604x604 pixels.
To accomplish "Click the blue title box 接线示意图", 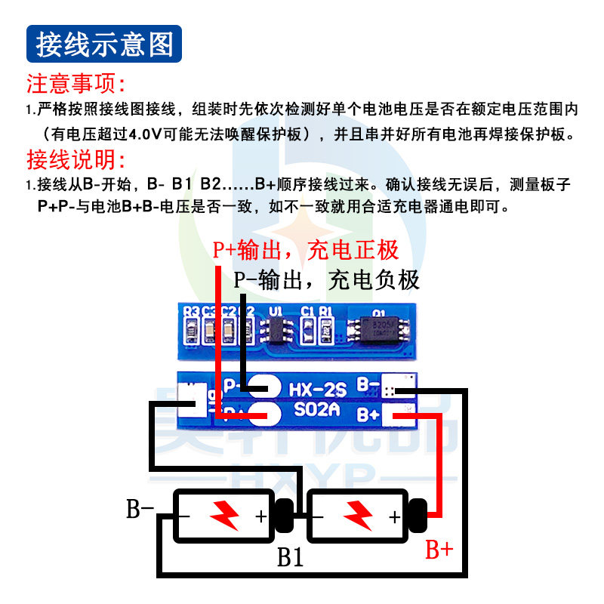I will tap(105, 45).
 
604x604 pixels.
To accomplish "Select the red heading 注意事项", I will tap(75, 83).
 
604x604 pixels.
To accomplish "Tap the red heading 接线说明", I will tap(75, 160).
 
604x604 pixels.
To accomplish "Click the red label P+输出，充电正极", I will tap(305, 250).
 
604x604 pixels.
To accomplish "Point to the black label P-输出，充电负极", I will tap(326, 280).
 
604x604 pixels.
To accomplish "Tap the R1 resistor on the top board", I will tap(325, 329).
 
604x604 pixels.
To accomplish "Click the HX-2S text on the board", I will tap(317, 390).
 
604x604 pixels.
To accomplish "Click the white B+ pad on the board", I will tap(393, 414).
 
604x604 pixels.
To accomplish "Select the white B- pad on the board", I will tap(393, 386).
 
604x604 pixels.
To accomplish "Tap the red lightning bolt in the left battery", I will tap(223, 516).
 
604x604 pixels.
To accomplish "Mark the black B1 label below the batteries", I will tap(290, 558).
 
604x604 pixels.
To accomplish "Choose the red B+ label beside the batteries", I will tap(439, 550).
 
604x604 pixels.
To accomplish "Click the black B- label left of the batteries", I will tap(140, 510).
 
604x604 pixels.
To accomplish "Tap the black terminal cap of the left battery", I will tap(284, 516).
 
